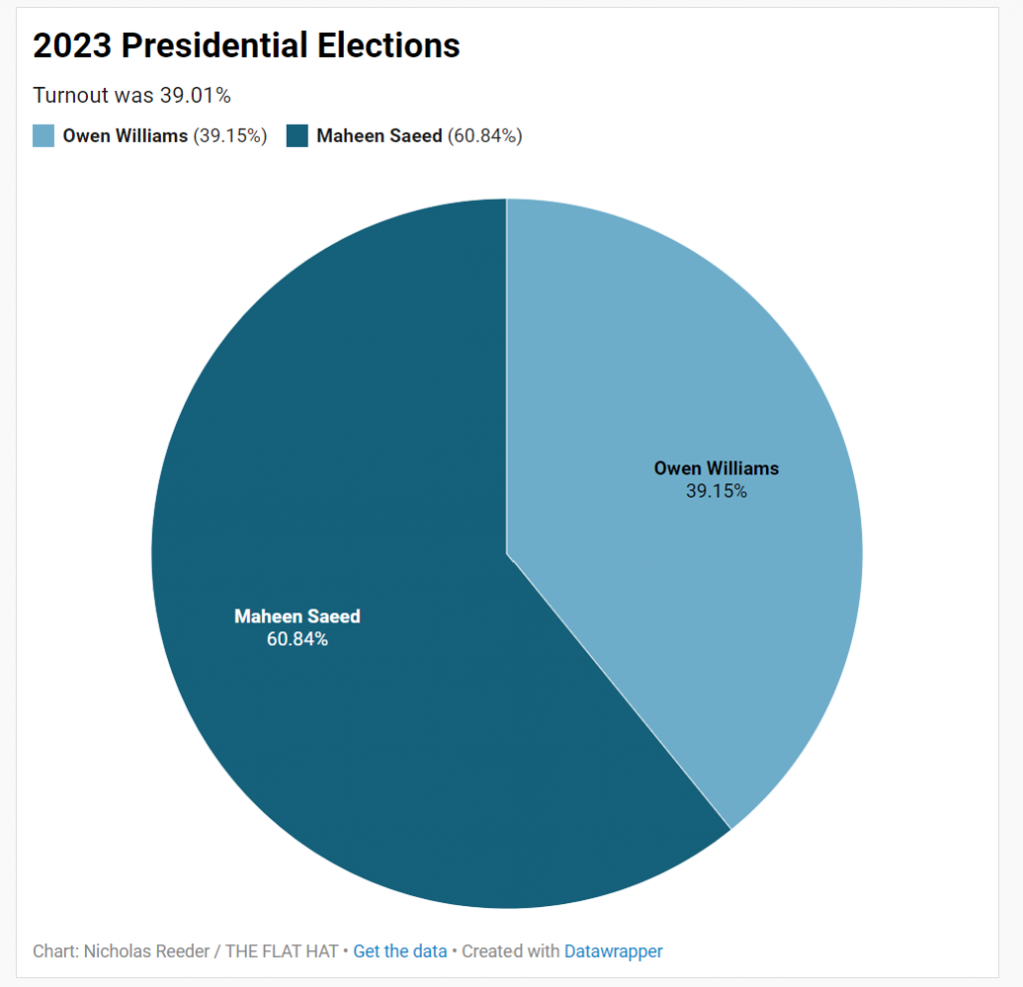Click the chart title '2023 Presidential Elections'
click(246, 45)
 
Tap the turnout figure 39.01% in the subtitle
click(196, 96)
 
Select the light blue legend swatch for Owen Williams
click(43, 136)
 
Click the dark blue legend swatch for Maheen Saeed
click(298, 136)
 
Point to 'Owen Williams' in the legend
click(125, 136)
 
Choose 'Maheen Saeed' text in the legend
click(379, 136)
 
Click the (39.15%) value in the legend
click(230, 136)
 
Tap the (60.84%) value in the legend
click(485, 136)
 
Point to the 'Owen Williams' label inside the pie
click(715, 468)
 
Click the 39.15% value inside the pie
click(715, 491)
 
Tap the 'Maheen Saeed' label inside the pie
click(297, 616)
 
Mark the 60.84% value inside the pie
click(297, 639)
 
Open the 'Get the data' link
click(400, 951)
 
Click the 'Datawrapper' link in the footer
click(613, 951)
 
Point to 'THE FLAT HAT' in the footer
click(281, 951)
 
